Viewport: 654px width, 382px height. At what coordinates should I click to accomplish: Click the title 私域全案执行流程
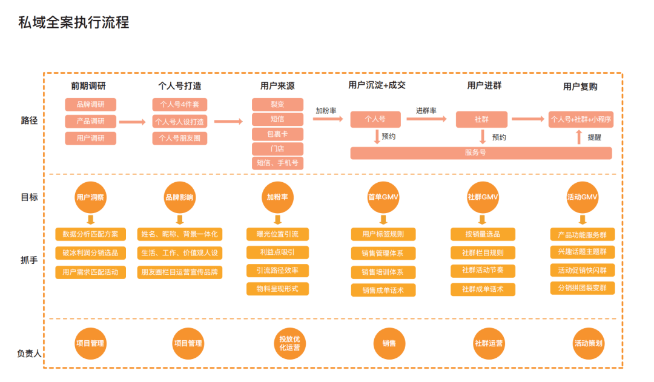point(73,23)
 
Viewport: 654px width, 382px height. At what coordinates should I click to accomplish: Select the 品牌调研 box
point(90,105)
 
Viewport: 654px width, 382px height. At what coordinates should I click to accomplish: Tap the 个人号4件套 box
point(179,105)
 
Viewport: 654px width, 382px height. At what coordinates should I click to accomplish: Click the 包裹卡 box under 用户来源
point(277,134)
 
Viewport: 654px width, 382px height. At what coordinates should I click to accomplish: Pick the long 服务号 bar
point(481,153)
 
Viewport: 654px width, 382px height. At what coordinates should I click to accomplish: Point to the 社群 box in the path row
point(481,119)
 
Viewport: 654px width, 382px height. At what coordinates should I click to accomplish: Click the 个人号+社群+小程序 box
point(581,119)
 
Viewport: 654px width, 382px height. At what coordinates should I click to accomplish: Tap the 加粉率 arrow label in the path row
point(326,111)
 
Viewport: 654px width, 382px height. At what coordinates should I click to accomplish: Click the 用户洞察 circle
point(90,197)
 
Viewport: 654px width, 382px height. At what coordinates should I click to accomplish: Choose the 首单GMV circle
point(383,197)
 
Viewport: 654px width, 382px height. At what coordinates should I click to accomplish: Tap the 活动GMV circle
point(582,197)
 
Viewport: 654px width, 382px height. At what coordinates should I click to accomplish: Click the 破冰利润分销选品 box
point(90,253)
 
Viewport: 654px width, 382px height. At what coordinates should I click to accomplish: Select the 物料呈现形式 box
point(277,289)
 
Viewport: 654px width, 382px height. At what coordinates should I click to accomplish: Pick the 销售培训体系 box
point(383,272)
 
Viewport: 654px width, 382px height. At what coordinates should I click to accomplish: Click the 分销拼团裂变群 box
point(582,288)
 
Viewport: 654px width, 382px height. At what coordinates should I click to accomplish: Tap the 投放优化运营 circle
point(289,343)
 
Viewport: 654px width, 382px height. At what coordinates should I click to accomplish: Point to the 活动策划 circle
point(588,343)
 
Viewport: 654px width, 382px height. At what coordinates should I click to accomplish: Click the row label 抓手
point(29,260)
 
